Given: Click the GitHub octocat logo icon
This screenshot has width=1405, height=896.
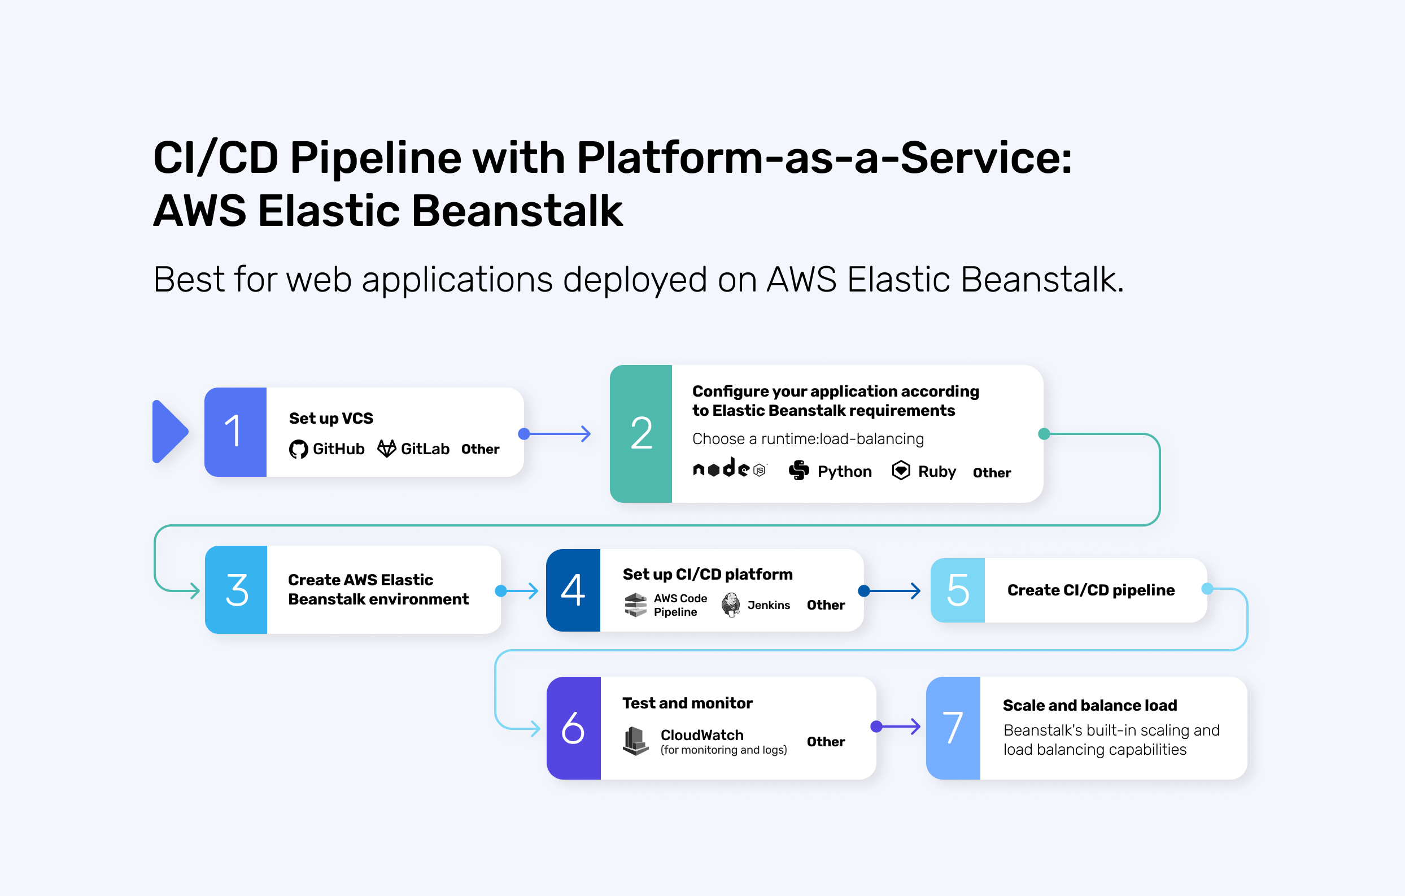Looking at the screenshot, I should (298, 449).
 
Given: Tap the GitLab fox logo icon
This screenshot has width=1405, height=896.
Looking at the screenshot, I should (386, 449).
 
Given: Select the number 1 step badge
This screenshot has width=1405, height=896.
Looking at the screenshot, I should (235, 432).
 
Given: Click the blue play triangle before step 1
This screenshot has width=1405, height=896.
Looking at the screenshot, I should (169, 432).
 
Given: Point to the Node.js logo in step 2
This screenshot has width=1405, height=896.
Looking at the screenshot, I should (730, 469).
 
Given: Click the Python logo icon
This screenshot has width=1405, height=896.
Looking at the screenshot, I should (799, 470).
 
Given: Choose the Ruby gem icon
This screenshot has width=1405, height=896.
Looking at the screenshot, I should (901, 470).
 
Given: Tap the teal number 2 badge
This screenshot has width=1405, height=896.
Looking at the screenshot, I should (640, 434).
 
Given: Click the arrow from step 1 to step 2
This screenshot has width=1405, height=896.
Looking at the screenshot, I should (557, 434).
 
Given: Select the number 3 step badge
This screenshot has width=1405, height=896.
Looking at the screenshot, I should (236, 590).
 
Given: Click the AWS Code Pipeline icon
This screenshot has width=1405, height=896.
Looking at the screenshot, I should (635, 604).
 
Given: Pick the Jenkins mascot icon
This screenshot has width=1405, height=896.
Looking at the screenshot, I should (731, 604).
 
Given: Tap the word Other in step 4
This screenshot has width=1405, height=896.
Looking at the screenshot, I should (826, 605).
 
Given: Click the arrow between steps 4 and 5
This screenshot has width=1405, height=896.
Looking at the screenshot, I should (893, 591).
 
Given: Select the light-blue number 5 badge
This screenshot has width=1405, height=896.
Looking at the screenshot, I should (958, 590).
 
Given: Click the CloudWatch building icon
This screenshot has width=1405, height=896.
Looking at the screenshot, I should (635, 741).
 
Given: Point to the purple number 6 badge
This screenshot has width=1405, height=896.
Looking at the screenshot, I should (574, 728).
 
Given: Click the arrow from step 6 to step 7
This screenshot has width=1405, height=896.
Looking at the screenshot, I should (898, 727).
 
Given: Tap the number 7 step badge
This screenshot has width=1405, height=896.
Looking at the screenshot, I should (953, 728).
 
